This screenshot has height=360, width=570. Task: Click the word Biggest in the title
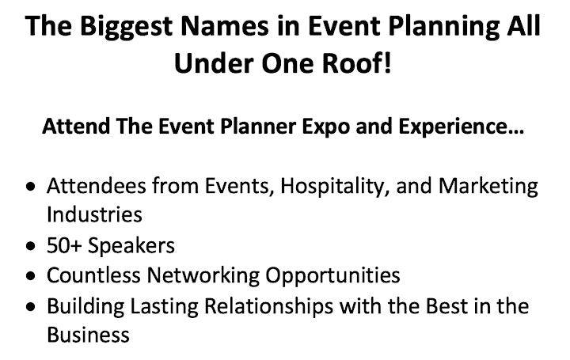(126, 27)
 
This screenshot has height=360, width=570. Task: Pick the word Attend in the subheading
(76, 127)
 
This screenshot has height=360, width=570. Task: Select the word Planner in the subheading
(258, 127)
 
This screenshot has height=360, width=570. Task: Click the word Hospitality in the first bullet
(332, 187)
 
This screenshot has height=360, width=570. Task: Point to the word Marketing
(488, 187)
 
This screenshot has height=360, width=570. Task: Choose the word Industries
(94, 214)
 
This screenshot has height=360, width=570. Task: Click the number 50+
(64, 245)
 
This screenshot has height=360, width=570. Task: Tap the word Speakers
(131, 246)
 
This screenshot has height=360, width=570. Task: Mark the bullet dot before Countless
(31, 276)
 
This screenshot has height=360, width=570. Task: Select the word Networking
(203, 276)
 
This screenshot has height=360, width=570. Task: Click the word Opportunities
(332, 276)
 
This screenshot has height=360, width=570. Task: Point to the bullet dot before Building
(31, 307)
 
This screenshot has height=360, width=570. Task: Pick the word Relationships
(268, 307)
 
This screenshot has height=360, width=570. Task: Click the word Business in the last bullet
(88, 335)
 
